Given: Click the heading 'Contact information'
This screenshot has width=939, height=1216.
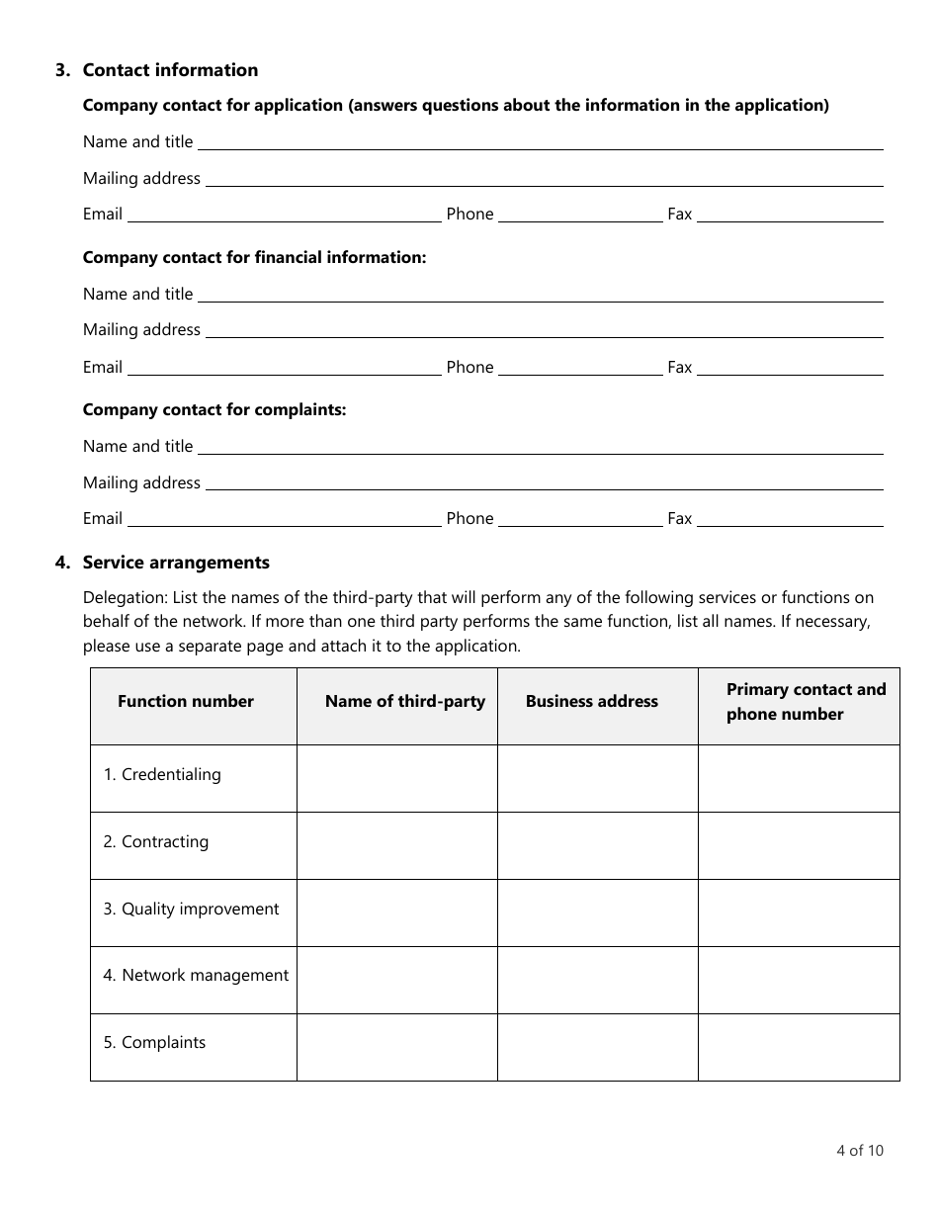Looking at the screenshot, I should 170,70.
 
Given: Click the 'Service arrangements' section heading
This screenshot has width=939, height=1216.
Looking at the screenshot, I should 176,563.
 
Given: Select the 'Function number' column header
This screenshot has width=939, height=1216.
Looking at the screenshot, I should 186,702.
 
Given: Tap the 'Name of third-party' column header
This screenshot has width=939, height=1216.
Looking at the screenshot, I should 404,702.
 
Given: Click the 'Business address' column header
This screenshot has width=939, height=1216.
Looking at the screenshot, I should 591,702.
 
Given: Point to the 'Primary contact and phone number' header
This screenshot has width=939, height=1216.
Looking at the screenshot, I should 806,702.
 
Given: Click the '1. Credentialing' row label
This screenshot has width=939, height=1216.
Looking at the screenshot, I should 162,775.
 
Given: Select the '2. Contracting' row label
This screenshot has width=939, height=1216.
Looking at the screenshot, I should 156,842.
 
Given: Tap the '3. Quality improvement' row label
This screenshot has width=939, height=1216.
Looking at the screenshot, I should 192,910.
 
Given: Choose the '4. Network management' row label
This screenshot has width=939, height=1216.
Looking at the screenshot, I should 196,976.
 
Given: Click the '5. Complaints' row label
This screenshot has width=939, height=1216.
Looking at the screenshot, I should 154,1043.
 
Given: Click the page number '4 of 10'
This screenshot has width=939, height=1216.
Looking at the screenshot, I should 859,1150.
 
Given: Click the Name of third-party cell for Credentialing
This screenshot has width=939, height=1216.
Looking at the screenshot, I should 396,779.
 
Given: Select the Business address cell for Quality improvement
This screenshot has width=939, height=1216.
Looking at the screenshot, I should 597,913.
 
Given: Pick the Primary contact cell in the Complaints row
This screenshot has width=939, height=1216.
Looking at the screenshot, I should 799,1047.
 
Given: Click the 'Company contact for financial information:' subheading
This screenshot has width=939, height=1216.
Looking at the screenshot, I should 254,257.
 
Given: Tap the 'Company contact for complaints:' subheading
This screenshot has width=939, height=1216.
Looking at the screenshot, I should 214,409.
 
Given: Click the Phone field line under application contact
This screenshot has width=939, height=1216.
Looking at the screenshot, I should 580,215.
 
